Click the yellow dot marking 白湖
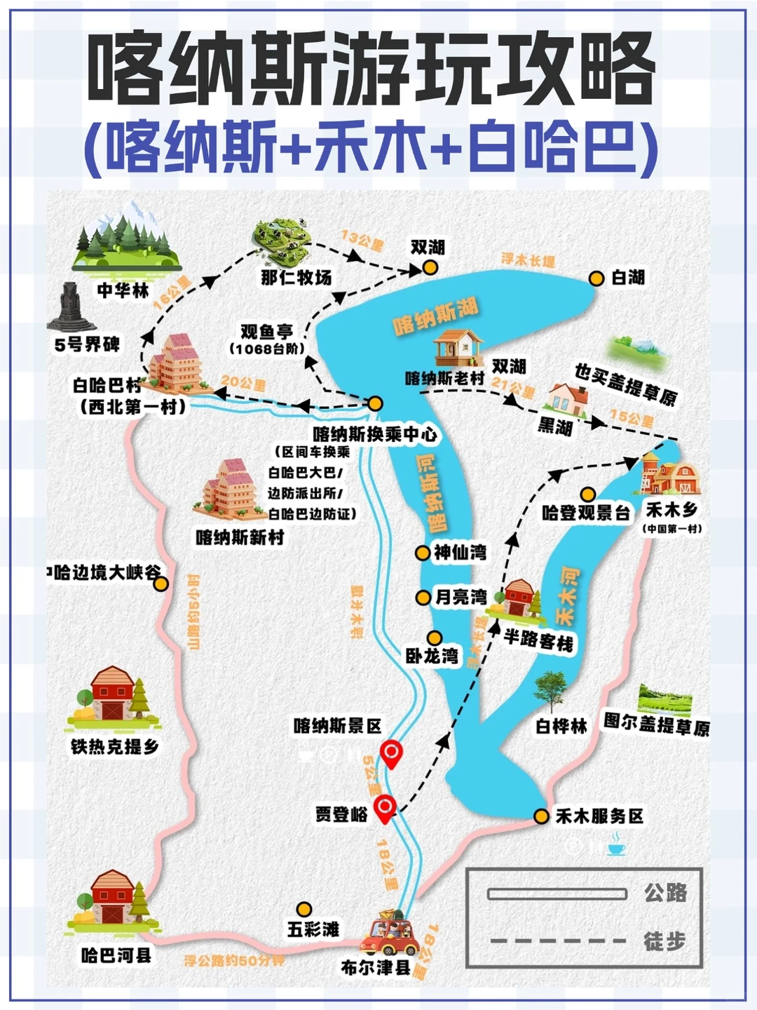click(x=596, y=278)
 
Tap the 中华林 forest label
click(x=123, y=290)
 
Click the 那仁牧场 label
click(x=296, y=278)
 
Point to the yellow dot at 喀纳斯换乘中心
click(x=375, y=403)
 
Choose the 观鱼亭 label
click(x=267, y=331)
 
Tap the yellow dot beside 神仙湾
click(x=422, y=553)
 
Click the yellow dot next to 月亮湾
click(x=423, y=598)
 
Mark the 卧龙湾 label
click(x=432, y=656)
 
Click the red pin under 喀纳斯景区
click(x=391, y=755)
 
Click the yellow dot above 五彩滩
click(x=304, y=910)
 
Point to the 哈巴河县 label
click(x=116, y=955)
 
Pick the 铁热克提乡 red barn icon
click(x=112, y=694)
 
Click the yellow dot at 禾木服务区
click(x=541, y=816)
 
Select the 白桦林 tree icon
click(x=550, y=692)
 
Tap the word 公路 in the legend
click(x=665, y=893)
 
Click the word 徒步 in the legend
click(x=664, y=941)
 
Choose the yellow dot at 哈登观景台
click(x=588, y=494)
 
